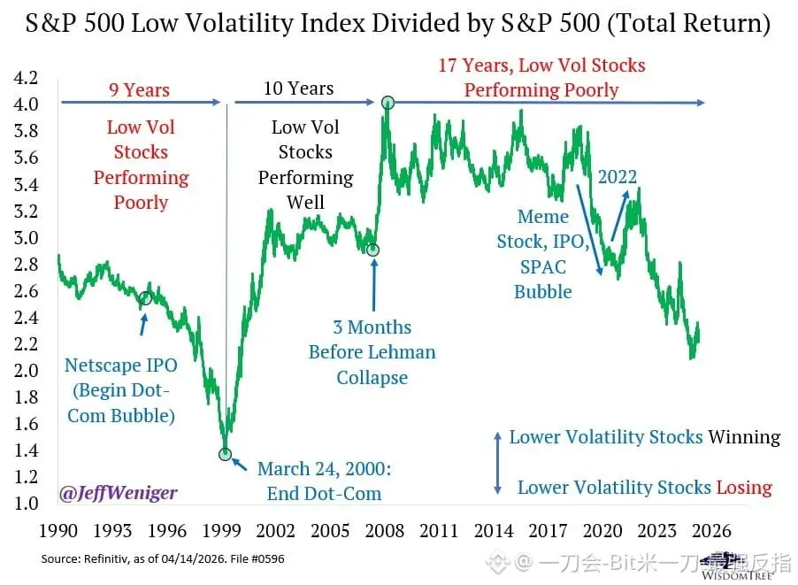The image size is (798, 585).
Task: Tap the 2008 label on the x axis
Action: (385, 531)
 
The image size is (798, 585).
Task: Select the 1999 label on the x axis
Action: (222, 531)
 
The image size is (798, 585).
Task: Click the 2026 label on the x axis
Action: (710, 531)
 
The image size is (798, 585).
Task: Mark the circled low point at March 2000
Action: (226, 454)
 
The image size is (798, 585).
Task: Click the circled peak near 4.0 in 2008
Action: (387, 103)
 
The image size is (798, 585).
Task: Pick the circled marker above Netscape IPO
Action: (145, 298)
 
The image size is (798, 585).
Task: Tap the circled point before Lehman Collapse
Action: (373, 250)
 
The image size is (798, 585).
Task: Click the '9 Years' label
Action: (140, 89)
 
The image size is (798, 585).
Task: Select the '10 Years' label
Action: (298, 89)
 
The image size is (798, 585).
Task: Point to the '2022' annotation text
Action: (617, 177)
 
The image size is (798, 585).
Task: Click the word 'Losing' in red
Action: (744, 488)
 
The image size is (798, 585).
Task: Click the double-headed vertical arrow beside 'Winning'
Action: (497, 462)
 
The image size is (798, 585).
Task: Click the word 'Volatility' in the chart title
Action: (270, 25)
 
